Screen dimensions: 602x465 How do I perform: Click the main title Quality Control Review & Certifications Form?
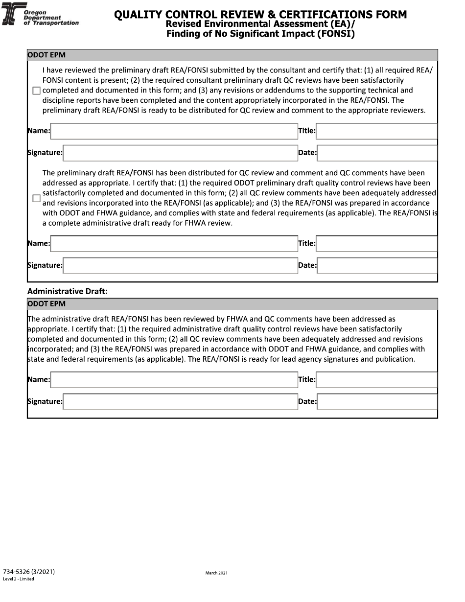pos(260,15)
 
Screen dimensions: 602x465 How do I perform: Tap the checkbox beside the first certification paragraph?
pos(36,91)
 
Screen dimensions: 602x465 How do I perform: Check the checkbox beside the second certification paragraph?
pos(36,198)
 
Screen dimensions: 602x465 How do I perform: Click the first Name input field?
pos(174,131)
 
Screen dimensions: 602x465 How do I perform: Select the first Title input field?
pos(376,131)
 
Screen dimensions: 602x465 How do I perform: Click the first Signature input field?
pos(180,153)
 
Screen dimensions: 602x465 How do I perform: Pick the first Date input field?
pos(376,153)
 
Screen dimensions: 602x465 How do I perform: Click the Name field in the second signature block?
pos(174,244)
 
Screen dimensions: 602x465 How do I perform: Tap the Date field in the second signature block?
pos(376,266)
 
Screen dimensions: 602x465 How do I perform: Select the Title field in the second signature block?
pos(376,244)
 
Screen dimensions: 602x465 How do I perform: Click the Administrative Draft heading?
pos(68,291)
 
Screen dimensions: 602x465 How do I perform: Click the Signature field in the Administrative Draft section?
pos(180,402)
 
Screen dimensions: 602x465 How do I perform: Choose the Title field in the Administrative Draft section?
pos(376,380)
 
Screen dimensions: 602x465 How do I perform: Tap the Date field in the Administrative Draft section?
pos(376,402)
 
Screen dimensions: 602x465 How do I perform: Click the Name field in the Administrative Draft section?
pos(174,380)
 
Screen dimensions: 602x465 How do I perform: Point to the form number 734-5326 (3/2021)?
pos(28,572)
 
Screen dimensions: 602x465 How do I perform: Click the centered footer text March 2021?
pos(216,573)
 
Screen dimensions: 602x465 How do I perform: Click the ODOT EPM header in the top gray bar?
pos(46,55)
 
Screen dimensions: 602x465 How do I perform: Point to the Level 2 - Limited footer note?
pos(19,579)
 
